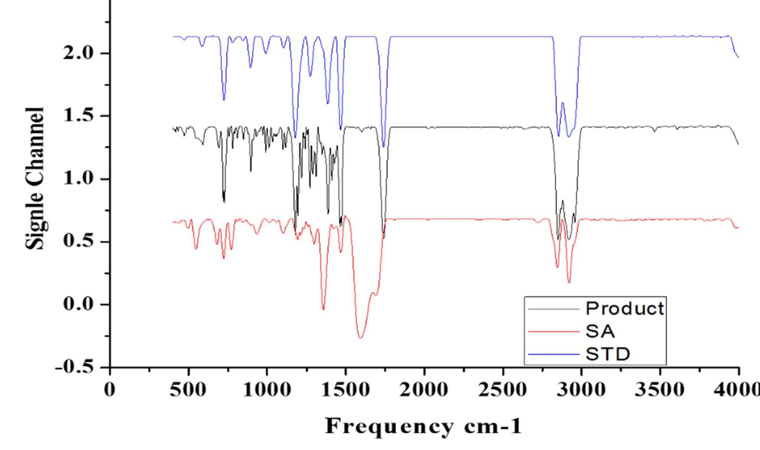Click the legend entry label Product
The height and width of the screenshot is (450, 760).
click(x=624, y=309)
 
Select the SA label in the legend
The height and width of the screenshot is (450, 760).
click(x=600, y=332)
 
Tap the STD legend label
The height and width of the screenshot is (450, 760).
click(x=607, y=354)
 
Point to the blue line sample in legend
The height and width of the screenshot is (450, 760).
click(x=554, y=354)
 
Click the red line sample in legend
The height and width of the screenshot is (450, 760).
click(x=554, y=332)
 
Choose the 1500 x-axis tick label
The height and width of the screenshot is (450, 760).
click(x=346, y=390)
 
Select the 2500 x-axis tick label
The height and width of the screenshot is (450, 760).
click(x=503, y=390)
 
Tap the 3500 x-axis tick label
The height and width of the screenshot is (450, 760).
click(x=660, y=390)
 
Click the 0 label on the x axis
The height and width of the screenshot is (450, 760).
click(x=110, y=390)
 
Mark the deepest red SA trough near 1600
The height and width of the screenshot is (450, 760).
click(x=361, y=337)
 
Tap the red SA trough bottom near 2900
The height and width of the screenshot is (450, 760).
click(x=569, y=283)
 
